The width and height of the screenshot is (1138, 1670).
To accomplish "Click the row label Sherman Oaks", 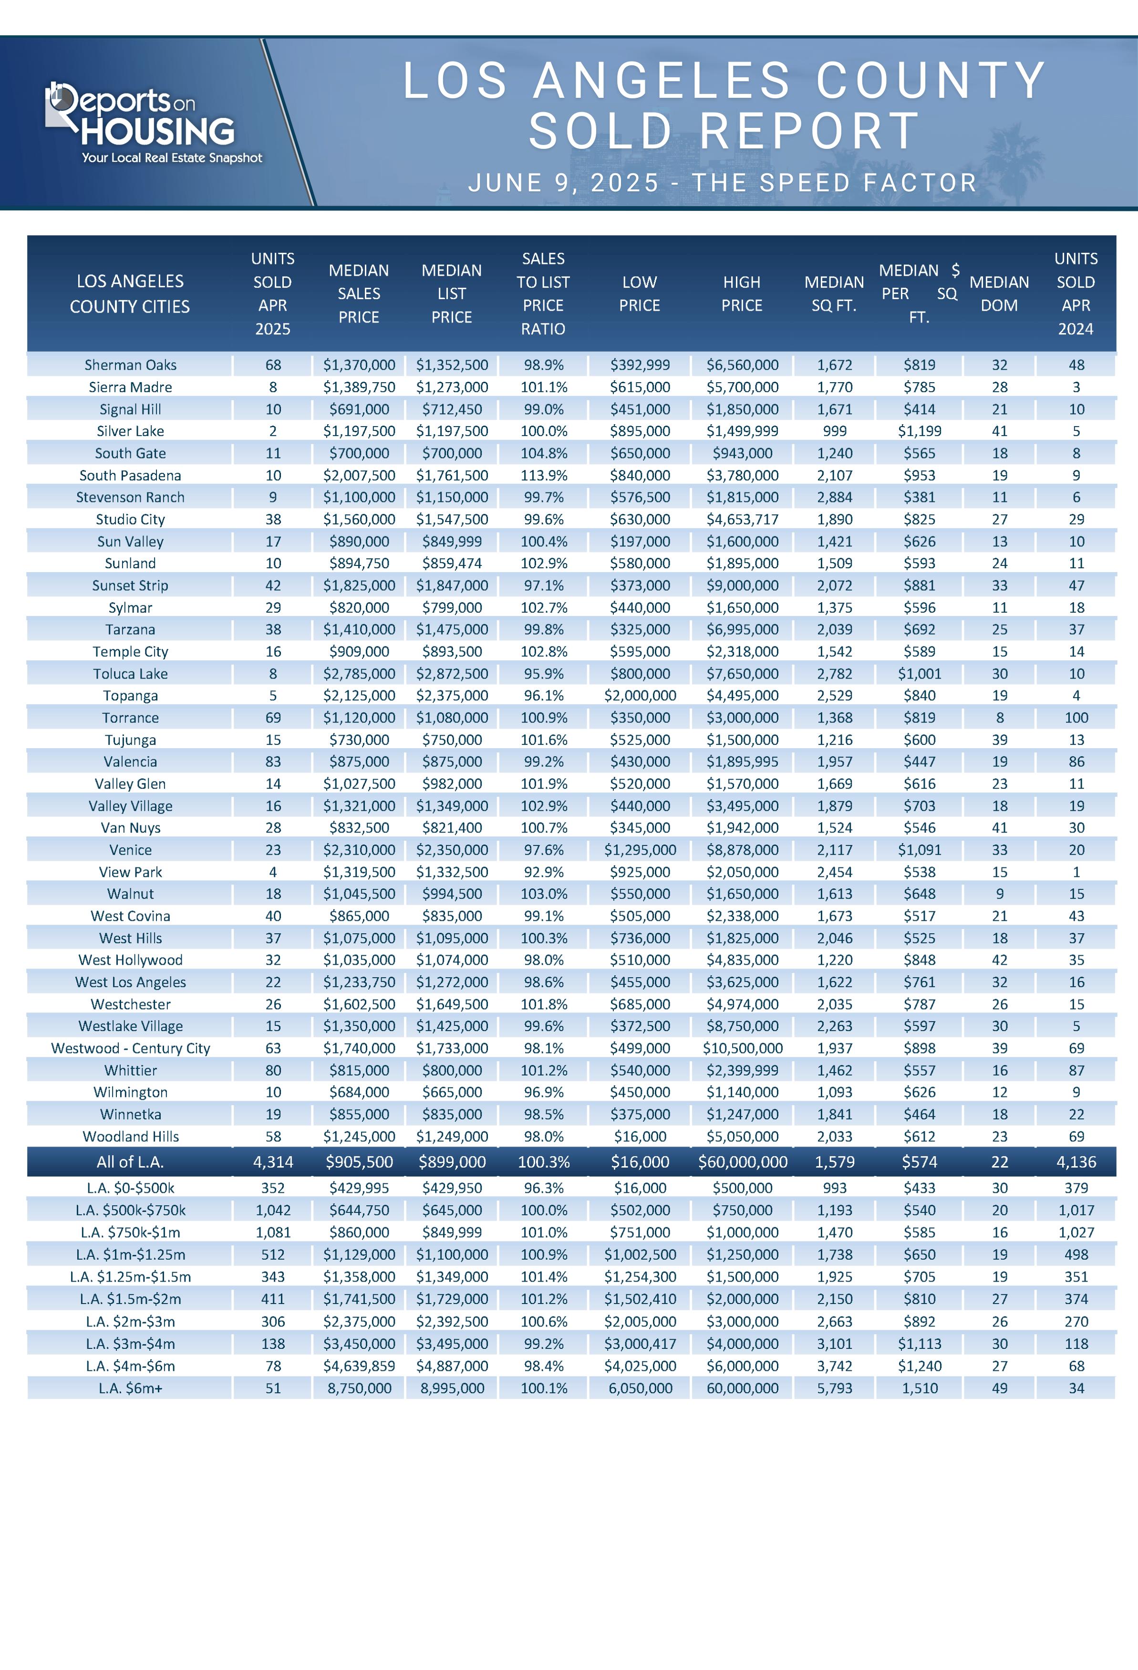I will pyautogui.click(x=130, y=365).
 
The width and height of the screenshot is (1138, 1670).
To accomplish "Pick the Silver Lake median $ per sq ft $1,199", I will pyautogui.click(x=919, y=431).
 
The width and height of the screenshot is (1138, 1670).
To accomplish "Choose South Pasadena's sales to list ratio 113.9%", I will pyautogui.click(x=543, y=476).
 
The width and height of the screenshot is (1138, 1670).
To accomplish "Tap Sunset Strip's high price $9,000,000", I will pyautogui.click(x=742, y=585).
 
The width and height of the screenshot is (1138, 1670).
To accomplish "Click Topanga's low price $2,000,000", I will pyautogui.click(x=640, y=696).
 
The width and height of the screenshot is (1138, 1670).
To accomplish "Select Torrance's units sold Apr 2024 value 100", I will pyautogui.click(x=1076, y=718).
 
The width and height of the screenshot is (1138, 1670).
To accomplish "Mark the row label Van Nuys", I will pyautogui.click(x=130, y=828).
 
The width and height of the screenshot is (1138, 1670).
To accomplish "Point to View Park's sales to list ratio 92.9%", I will pyautogui.click(x=543, y=872).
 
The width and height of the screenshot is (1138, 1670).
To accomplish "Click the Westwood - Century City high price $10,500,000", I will pyautogui.click(x=742, y=1048).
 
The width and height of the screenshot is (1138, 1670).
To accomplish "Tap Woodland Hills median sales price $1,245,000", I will pyautogui.click(x=359, y=1137).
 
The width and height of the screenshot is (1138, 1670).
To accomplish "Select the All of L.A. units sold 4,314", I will pyautogui.click(x=273, y=1162).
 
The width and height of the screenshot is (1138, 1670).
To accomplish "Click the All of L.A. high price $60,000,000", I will pyautogui.click(x=742, y=1162).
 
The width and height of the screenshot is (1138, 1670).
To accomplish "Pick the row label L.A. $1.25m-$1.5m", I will pyautogui.click(x=130, y=1277).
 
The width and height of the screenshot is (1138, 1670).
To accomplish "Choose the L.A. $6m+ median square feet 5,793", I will pyautogui.click(x=834, y=1388).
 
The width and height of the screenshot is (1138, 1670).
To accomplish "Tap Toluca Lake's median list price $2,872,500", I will pyautogui.click(x=452, y=674).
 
